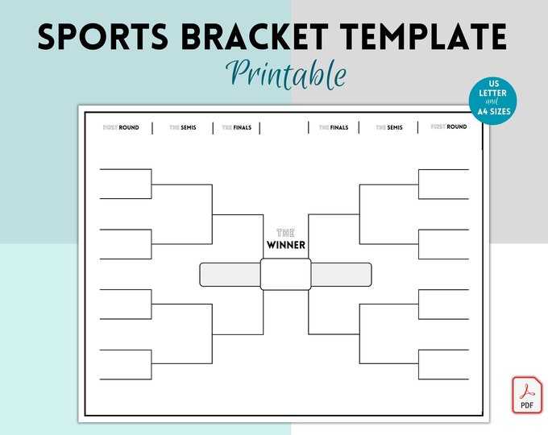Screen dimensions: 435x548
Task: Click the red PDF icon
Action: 528,395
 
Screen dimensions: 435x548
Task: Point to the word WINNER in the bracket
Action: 286,245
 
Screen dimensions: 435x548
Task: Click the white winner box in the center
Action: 286,275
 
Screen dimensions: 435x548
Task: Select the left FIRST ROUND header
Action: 121,127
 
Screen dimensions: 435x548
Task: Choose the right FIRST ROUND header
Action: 449,127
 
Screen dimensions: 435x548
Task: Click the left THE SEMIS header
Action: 182,127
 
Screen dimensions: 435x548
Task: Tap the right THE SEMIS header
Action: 388,127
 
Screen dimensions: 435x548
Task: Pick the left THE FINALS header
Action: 237,127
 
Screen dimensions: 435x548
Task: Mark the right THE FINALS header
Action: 334,127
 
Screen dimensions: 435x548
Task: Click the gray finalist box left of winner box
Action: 230,275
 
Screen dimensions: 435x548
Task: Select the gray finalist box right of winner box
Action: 342,275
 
